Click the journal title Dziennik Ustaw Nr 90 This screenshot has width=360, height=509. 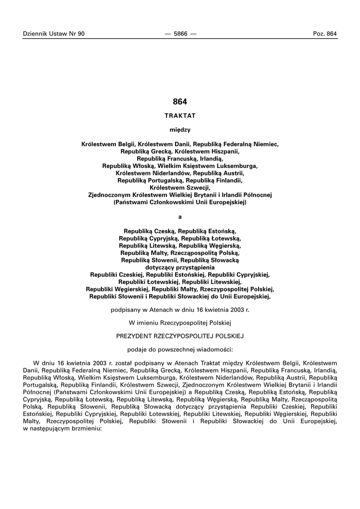pyautogui.click(x=54, y=34)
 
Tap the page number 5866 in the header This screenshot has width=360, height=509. pyautogui.click(x=180, y=34)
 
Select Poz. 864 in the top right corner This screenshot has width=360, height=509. pyautogui.click(x=325, y=34)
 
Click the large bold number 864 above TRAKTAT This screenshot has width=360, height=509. pyautogui.click(x=180, y=102)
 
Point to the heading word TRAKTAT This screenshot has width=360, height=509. pyautogui.click(x=180, y=116)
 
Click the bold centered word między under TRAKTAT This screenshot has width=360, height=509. pyautogui.click(x=180, y=130)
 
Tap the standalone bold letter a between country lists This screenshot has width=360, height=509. pyautogui.click(x=180, y=217)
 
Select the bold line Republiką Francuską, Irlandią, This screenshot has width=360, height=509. pyautogui.click(x=180, y=159)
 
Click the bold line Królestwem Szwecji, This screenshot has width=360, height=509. pyautogui.click(x=180, y=187)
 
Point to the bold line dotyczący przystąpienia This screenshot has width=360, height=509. pyautogui.click(x=180, y=267)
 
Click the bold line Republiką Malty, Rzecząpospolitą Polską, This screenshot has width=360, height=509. pyautogui.click(x=180, y=253)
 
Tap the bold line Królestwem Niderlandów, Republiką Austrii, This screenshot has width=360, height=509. pyautogui.click(x=180, y=173)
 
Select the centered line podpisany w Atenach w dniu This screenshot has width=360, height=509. pyautogui.click(x=180, y=309)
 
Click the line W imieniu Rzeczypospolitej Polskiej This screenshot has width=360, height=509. pyautogui.click(x=180, y=323)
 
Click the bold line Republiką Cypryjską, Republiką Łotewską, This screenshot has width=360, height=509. pyautogui.click(x=180, y=238)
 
